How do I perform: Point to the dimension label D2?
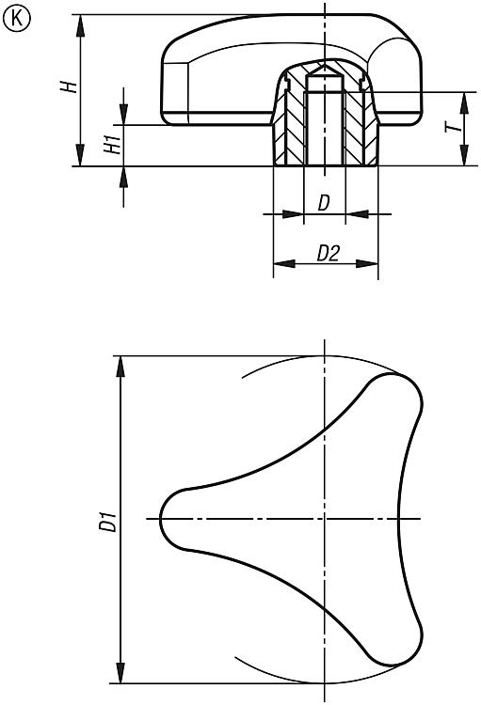point(328,253)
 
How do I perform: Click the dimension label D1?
point(108,521)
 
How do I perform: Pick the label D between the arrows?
point(324,203)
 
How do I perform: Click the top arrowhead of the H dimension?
point(81,26)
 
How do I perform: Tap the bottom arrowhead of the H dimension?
point(81,155)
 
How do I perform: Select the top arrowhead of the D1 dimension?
point(120,367)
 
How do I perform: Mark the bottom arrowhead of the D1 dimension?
point(120,672)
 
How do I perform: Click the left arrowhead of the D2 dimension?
point(284,263)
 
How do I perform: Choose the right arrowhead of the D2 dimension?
point(366,263)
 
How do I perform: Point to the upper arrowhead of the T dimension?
point(465,103)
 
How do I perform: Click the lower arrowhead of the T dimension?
point(465,155)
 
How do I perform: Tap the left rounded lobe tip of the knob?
point(161,518)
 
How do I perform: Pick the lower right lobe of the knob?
point(398,644)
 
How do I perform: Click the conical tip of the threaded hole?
point(324,69)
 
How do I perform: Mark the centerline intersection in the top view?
point(324,518)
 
